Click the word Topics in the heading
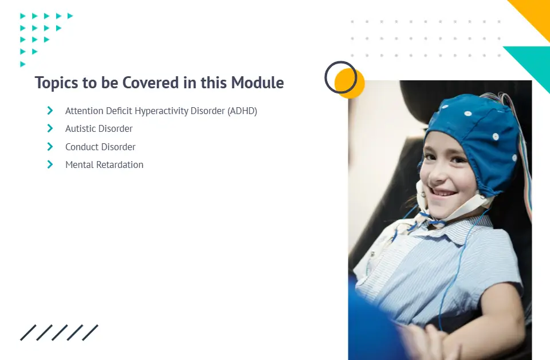tap(57, 83)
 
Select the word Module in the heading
tap(257, 83)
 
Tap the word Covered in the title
tap(151, 83)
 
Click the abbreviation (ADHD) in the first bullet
tap(242, 111)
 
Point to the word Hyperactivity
tap(162, 111)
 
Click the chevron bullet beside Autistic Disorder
tap(50, 128)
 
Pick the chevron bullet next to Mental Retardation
tap(50, 164)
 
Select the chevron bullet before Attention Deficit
tap(50, 111)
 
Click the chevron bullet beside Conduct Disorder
tap(50, 146)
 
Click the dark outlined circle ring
tap(325, 77)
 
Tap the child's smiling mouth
tap(443, 193)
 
